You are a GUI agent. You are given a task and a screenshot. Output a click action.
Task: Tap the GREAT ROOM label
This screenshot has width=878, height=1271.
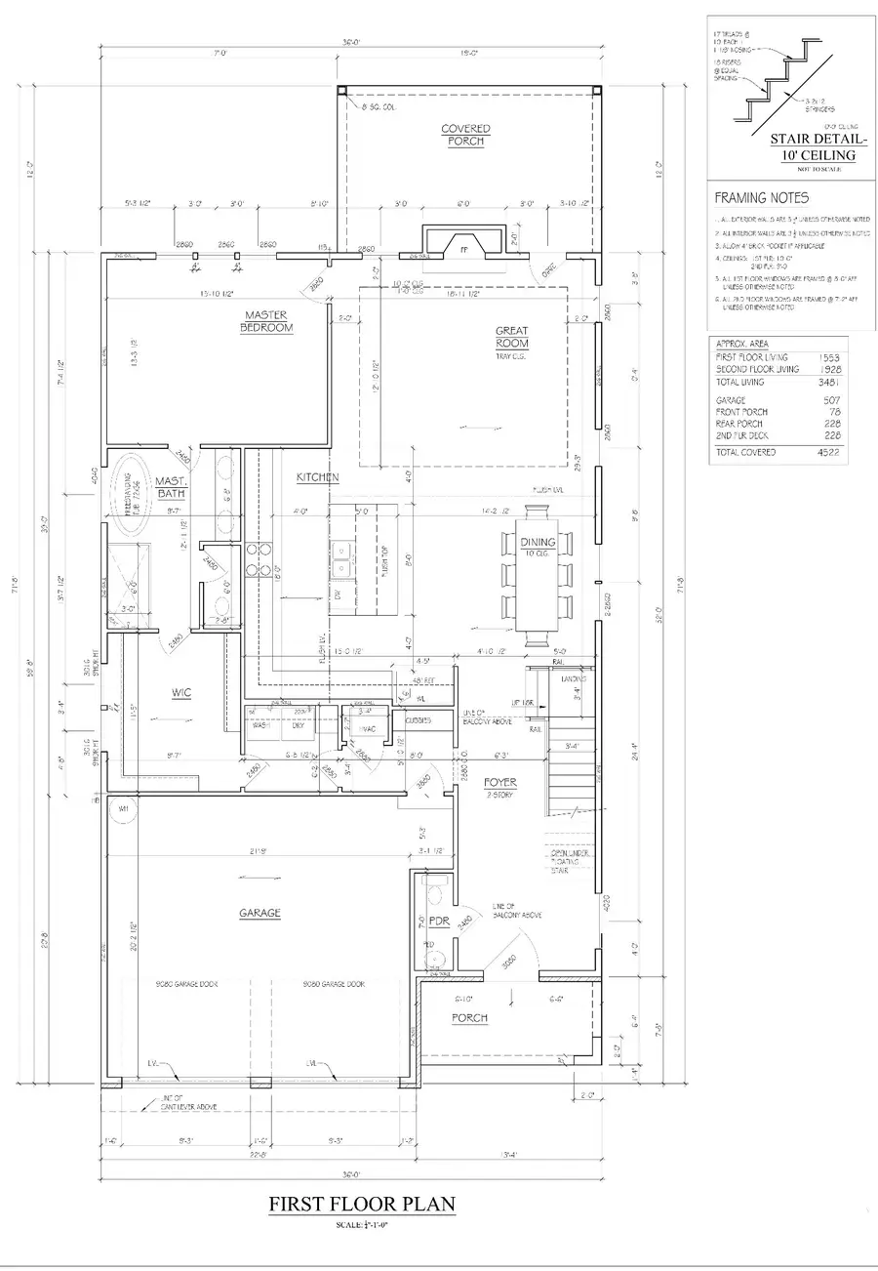point(512,338)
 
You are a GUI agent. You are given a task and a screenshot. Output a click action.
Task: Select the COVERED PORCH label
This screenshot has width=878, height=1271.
point(465,135)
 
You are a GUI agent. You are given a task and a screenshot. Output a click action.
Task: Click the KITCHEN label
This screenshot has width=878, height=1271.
point(318,477)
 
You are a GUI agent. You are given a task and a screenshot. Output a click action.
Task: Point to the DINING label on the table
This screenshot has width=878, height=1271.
point(538,542)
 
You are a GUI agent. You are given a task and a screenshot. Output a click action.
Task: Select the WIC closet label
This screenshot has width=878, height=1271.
point(180,692)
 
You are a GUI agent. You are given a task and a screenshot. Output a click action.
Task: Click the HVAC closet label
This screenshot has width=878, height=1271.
point(366,729)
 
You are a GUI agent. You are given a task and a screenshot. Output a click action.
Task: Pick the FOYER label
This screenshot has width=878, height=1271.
point(500,783)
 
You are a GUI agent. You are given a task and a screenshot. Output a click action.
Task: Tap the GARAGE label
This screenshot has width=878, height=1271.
point(259,913)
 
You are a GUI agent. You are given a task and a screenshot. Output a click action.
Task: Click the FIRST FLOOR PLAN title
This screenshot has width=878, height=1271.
point(362,1205)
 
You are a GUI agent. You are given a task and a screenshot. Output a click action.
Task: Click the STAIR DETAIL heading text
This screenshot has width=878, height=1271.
point(813,146)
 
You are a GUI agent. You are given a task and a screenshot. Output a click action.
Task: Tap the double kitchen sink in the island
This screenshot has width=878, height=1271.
point(341,559)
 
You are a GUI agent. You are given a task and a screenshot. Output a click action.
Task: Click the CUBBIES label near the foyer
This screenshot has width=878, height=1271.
point(419,720)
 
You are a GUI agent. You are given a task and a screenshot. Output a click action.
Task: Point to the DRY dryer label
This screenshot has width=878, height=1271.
point(299,725)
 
